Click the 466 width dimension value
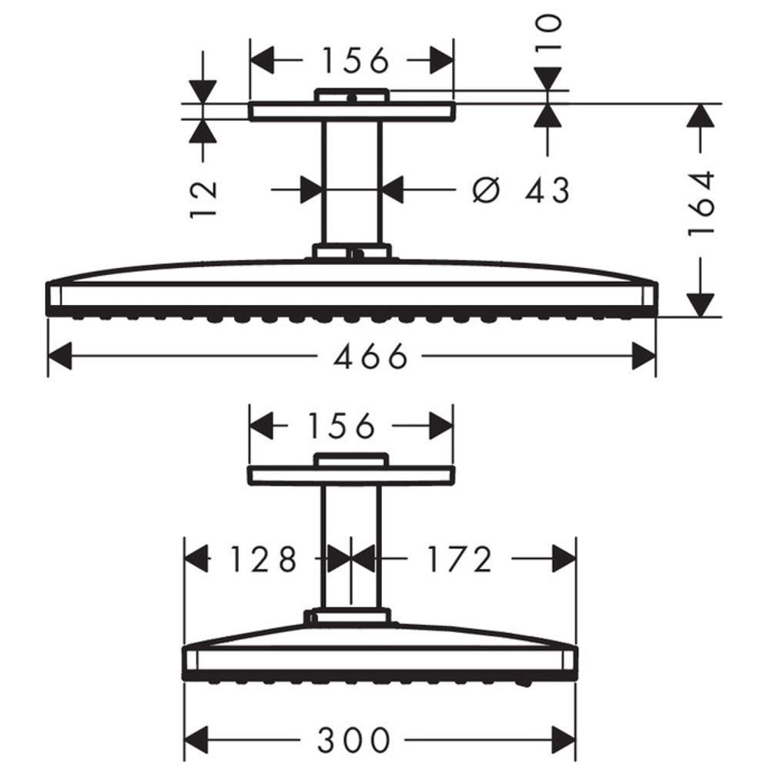click(x=370, y=356)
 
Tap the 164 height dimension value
click(x=700, y=203)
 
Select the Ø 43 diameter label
click(x=521, y=189)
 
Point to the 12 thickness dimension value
click(x=203, y=199)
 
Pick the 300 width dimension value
click(x=353, y=739)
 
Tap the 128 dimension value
click(x=263, y=559)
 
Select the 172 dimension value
click(x=460, y=559)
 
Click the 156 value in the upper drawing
click(x=355, y=60)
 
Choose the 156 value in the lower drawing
click(x=341, y=425)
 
